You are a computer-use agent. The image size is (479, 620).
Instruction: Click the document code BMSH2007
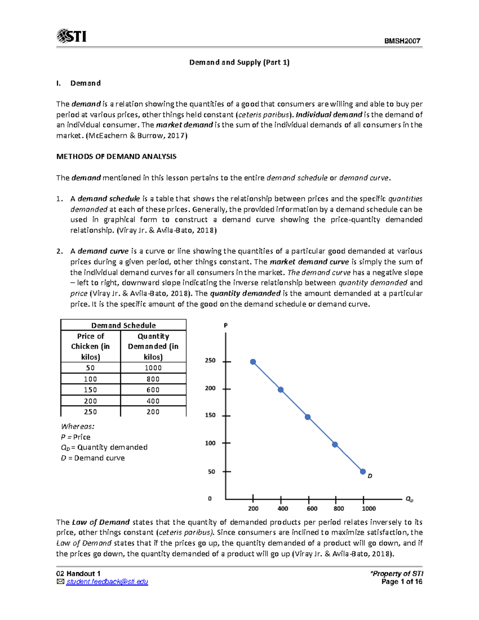pos(402,41)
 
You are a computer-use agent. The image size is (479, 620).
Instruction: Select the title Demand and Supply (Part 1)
pos(239,62)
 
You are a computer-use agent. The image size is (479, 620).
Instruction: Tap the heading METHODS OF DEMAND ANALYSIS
pos(116,156)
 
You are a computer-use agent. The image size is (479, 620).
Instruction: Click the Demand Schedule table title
pos(123,325)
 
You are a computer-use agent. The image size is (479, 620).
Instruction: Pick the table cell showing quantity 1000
pos(153,368)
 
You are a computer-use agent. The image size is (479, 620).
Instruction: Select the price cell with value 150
pos(91,390)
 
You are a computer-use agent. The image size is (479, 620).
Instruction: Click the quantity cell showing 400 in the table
pos(153,401)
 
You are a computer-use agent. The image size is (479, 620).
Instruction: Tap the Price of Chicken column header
pos(91,346)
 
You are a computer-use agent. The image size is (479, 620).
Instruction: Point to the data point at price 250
pos(253,362)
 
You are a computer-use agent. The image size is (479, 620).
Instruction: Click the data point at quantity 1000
pos(363,471)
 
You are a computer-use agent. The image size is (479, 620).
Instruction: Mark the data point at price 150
pos(308,417)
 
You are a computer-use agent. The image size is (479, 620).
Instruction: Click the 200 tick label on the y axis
pos(210,388)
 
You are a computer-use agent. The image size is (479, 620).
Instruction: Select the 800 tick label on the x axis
pos(338,508)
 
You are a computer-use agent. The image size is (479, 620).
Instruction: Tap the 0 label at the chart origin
pos(210,498)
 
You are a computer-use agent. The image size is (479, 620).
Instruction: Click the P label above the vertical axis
pos(226,325)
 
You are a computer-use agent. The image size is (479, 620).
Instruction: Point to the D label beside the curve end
pos(370,476)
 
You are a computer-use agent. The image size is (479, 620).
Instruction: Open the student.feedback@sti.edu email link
pos(107,582)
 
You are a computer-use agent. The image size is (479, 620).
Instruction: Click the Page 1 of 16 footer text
pos(402,582)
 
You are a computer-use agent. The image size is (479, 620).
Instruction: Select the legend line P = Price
pos(76,437)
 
